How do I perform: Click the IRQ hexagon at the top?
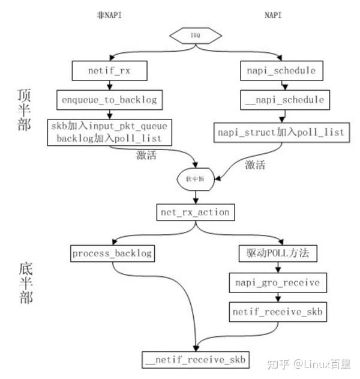pos(196,35)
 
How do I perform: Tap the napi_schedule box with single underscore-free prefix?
pos(280,71)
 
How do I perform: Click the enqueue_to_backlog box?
pos(109,100)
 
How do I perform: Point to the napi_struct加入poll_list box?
pos(281,132)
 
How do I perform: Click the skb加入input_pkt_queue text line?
pos(109,126)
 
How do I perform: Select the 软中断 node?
pos(195,178)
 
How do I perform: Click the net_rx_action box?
pos(194,212)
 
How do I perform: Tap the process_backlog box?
pos(111,253)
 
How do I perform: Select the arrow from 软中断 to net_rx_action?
pos(195,197)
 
